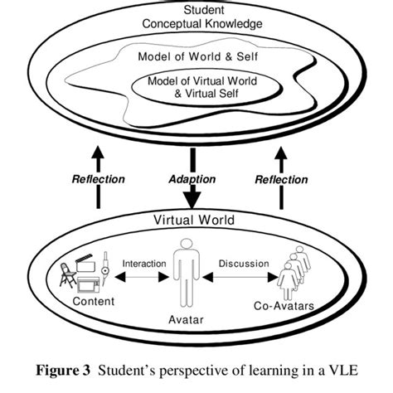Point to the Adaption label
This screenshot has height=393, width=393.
pyautogui.click(x=192, y=178)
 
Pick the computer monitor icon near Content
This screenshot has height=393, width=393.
pyautogui.click(x=89, y=283)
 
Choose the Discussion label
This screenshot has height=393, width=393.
pyautogui.click(x=243, y=264)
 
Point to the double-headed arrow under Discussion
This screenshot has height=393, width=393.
pyautogui.click(x=243, y=279)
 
